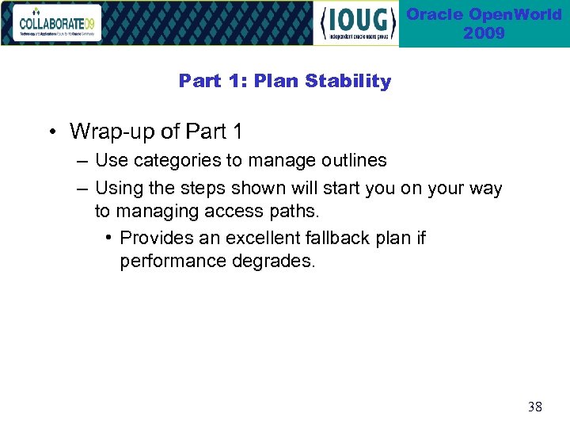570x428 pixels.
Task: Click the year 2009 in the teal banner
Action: (484, 33)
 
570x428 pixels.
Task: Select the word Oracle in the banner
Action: (434, 15)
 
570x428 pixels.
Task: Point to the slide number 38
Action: (535, 407)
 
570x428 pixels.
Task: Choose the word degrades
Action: (274, 262)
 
